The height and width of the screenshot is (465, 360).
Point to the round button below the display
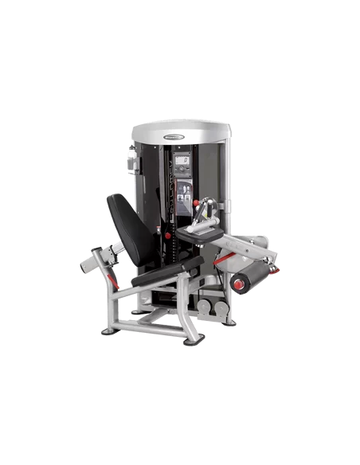tap(183, 176)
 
